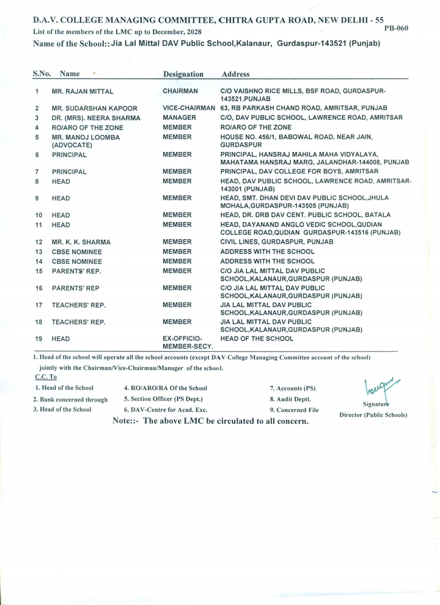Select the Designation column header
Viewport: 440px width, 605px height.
(x=183, y=74)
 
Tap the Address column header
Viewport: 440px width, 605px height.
(x=235, y=74)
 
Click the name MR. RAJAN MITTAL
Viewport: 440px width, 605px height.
(x=82, y=92)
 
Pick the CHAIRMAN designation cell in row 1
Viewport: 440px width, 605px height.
(x=180, y=91)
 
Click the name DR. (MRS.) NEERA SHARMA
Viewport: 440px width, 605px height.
(x=96, y=118)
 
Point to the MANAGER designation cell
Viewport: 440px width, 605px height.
(x=179, y=117)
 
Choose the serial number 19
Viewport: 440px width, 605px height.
(x=38, y=339)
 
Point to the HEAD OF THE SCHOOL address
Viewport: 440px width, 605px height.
(x=257, y=338)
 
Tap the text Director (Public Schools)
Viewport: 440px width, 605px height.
(x=373, y=415)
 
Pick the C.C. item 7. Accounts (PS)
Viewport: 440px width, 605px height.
(x=293, y=388)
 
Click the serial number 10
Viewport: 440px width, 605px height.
(x=38, y=215)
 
